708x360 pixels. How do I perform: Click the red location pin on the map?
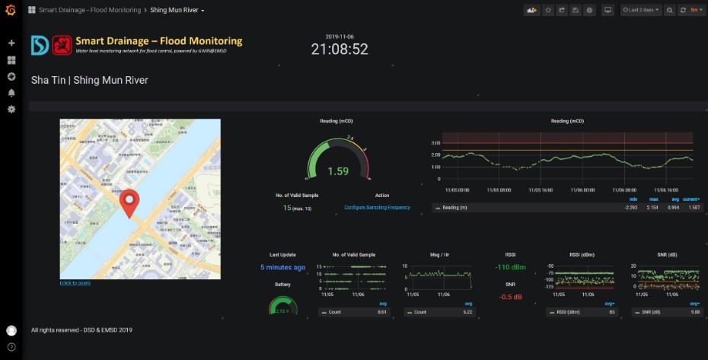(x=131, y=202)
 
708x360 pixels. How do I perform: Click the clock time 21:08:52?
(x=340, y=49)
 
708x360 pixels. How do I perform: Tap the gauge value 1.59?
(x=338, y=171)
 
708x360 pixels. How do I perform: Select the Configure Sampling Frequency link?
(x=377, y=208)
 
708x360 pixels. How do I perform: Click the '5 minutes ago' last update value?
(x=283, y=267)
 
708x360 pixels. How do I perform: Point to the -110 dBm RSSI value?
(x=510, y=267)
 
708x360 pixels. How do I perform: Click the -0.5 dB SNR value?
(x=510, y=297)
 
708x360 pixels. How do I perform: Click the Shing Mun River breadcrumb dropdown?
(x=177, y=11)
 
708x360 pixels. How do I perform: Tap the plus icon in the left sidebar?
(x=11, y=43)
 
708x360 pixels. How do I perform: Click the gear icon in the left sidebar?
(x=11, y=109)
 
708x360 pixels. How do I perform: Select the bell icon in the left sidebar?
(x=11, y=93)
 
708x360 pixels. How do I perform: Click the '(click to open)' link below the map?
(x=75, y=283)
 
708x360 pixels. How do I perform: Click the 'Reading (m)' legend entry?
(x=454, y=207)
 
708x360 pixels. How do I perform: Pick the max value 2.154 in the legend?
(x=653, y=207)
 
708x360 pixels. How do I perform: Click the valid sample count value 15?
(x=287, y=208)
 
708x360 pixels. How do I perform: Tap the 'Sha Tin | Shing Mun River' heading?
(x=90, y=80)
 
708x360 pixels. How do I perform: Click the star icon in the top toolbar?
(x=547, y=11)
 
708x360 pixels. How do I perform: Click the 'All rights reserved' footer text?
(x=81, y=330)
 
